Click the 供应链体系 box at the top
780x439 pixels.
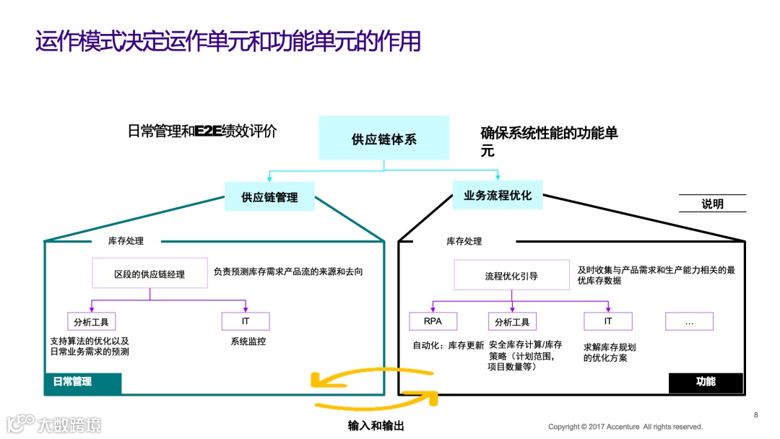tap(383, 138)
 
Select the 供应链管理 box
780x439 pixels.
tap(269, 196)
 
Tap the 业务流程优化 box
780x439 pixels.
tap(498, 195)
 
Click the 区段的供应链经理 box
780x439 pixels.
tap(149, 274)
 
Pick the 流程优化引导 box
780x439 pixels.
tap(511, 275)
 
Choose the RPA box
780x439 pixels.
tap(432, 321)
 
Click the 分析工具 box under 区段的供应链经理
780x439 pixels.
tap(91, 322)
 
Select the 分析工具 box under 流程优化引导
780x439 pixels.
tap(512, 322)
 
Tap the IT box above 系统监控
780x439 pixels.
tap(246, 321)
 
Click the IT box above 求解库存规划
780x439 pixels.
tap(608, 321)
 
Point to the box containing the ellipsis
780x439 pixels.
tap(689, 321)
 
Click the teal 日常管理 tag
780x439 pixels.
tap(82, 382)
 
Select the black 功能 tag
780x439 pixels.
tap(706, 382)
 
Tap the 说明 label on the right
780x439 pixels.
tap(712, 204)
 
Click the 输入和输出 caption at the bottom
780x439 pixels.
tap(376, 425)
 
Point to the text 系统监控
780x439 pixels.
tap(248, 342)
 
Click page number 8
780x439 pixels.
tap(755, 415)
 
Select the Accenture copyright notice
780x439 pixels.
tap(625, 427)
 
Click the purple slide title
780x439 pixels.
tap(228, 41)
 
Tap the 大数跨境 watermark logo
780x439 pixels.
tap(54, 424)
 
